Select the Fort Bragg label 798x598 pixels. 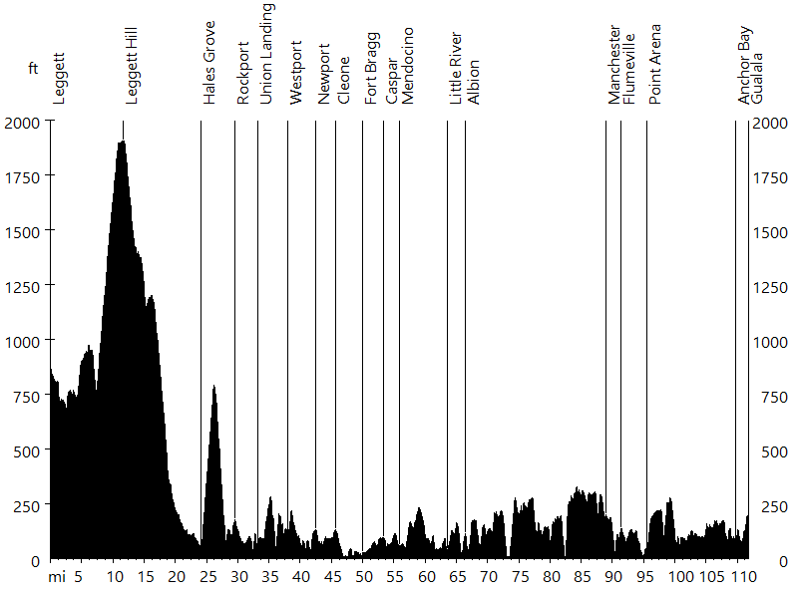[x=371, y=80]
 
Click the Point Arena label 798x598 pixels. [x=655, y=65]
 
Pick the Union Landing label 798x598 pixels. [x=266, y=54]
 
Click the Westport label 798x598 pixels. [x=295, y=73]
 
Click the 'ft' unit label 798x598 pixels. [x=33, y=69]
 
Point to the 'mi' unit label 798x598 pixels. [x=57, y=576]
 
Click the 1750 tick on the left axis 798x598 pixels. [x=21, y=176]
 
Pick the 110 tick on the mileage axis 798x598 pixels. [x=740, y=576]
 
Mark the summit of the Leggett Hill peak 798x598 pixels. [x=122, y=142]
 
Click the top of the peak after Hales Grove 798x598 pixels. [x=213, y=386]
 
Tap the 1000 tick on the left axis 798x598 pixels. [x=21, y=341]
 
